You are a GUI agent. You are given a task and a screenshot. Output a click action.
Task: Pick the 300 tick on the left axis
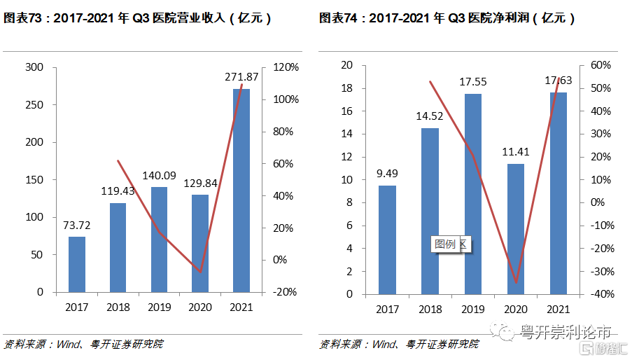tap(34, 67)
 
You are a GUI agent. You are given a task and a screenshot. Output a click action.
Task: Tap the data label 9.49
tap(388, 173)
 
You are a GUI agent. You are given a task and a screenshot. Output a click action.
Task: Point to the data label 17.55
tap(473, 82)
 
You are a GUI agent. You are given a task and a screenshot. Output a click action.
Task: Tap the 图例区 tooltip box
tap(450, 244)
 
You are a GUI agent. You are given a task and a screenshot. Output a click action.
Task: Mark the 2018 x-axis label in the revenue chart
tap(118, 307)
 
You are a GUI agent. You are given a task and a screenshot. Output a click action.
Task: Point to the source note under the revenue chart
tap(84, 344)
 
